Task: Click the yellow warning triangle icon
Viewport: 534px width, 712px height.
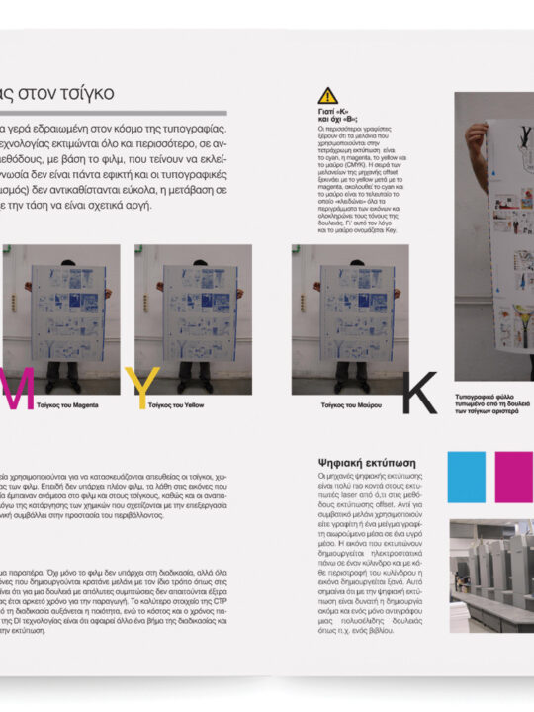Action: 327,96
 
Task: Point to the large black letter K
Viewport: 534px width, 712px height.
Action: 417,393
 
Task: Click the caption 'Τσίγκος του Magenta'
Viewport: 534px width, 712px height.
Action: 66,405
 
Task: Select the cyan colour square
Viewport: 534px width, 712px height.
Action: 466,478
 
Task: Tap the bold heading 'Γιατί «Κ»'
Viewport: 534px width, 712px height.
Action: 335,114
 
